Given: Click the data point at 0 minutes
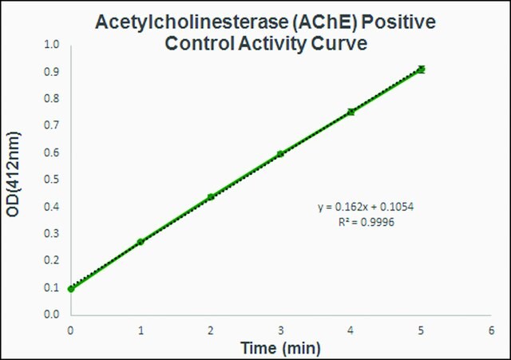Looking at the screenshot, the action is click(x=71, y=289).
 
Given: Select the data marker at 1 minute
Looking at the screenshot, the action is click(x=141, y=242).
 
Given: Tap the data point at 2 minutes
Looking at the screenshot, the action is click(x=211, y=197).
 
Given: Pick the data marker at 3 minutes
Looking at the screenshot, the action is click(x=280, y=154).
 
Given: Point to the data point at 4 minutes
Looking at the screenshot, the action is click(x=351, y=112).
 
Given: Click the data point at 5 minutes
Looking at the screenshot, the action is click(x=421, y=69).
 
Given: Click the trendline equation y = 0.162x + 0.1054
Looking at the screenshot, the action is click(x=366, y=207).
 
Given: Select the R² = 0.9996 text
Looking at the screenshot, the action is click(x=366, y=222).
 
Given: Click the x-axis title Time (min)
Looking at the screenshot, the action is click(x=280, y=348).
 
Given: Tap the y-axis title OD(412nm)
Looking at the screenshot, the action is click(x=14, y=174).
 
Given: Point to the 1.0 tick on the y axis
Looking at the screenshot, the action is click(x=51, y=45).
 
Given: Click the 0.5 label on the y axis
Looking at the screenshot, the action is click(x=51, y=180).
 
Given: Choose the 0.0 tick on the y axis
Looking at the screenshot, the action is click(x=51, y=315).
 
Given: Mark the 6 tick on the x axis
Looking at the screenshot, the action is click(x=491, y=330).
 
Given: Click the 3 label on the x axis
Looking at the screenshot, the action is click(x=280, y=330).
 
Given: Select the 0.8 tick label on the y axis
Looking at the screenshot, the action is click(x=51, y=98).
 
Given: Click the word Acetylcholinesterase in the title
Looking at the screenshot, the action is click(x=192, y=22).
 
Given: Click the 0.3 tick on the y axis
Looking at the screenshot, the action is click(x=51, y=234).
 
